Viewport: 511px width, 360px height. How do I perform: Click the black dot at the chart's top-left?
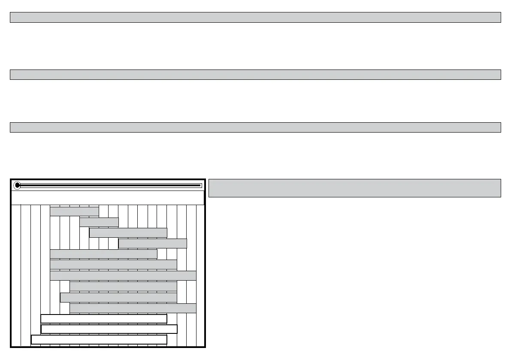(x=17, y=185)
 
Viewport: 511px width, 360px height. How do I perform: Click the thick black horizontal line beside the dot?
(x=110, y=185)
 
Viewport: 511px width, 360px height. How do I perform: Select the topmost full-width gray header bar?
(x=255, y=17)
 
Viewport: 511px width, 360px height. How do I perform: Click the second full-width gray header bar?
(x=255, y=75)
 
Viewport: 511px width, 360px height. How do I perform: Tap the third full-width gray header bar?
(x=255, y=127)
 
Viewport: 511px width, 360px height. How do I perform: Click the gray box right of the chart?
(x=354, y=188)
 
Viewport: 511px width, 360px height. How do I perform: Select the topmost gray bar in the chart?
(x=74, y=211)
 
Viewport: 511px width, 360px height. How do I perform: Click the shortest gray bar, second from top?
(x=99, y=222)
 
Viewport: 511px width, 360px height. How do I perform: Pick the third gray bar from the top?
(x=128, y=233)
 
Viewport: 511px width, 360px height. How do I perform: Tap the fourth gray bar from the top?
(x=152, y=243)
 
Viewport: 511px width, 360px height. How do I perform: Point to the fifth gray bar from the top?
(x=103, y=254)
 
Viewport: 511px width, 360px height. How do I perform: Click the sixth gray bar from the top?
(x=113, y=264)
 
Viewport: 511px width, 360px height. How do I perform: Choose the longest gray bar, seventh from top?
(x=123, y=275)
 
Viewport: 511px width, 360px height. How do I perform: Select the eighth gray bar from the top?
(x=123, y=286)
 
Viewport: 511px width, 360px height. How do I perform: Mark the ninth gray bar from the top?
(x=118, y=297)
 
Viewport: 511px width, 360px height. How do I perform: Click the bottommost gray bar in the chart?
(x=133, y=308)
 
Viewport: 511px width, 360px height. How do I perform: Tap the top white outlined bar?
(x=103, y=318)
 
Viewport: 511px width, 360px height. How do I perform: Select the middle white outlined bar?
(x=109, y=329)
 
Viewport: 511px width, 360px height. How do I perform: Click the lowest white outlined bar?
(x=99, y=339)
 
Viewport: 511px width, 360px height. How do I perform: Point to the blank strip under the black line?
(x=107, y=198)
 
